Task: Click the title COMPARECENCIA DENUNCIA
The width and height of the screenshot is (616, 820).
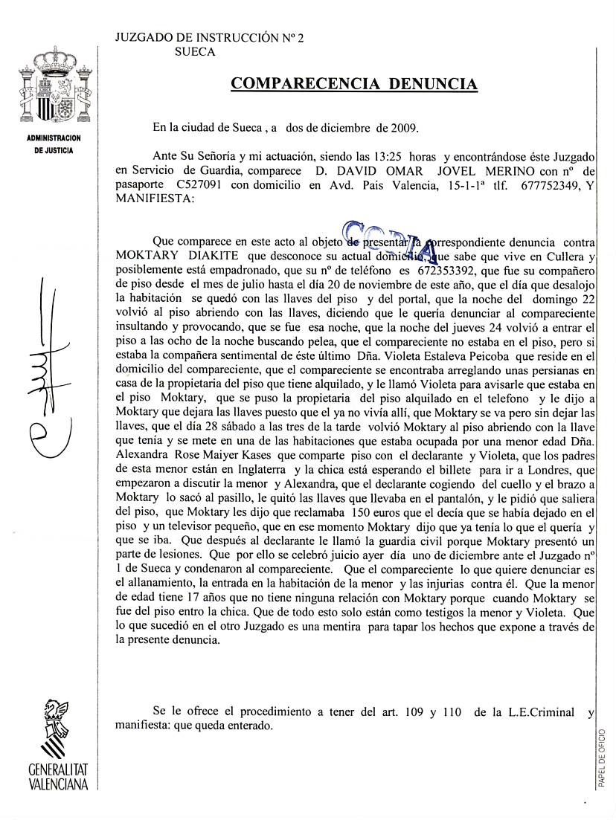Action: click(x=354, y=84)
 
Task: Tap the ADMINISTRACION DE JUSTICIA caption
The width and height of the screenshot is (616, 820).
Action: click(x=54, y=144)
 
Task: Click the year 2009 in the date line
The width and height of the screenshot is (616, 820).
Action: click(x=405, y=127)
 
